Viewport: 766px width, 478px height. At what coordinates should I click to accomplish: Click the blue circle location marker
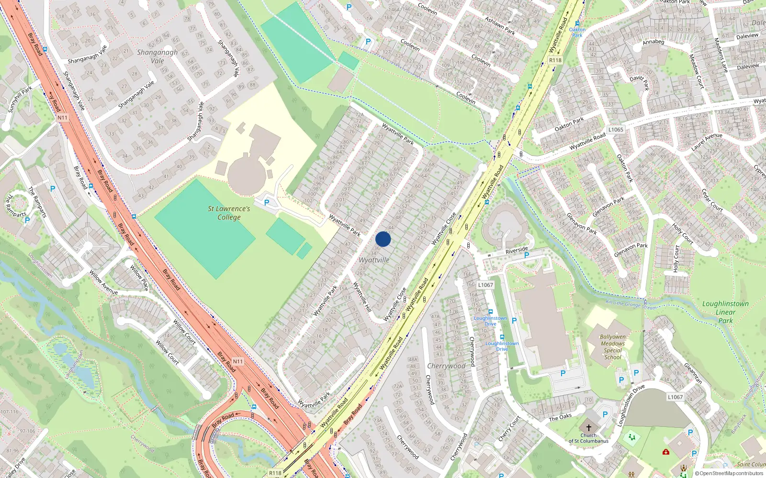click(x=383, y=239)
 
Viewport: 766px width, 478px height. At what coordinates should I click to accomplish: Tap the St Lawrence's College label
click(x=229, y=213)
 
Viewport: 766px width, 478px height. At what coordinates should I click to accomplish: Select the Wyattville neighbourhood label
click(x=374, y=260)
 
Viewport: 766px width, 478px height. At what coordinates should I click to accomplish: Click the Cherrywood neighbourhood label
click(x=446, y=366)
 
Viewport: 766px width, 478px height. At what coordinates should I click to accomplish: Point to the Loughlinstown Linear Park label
click(x=725, y=312)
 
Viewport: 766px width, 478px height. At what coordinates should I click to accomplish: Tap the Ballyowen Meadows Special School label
click(x=613, y=347)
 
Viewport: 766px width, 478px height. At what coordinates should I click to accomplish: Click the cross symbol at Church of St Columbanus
click(x=589, y=428)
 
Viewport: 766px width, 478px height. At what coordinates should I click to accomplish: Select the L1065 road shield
click(x=616, y=130)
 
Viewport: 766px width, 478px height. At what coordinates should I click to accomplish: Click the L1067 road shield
click(x=675, y=397)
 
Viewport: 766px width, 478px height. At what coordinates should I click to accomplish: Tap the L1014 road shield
click(x=485, y=285)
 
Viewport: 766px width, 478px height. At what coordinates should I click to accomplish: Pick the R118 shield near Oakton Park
click(x=555, y=60)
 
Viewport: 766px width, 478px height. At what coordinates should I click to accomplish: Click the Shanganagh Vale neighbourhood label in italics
click(x=157, y=56)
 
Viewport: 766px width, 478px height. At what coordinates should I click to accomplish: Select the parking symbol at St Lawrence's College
click(x=267, y=203)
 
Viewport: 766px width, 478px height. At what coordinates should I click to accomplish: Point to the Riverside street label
click(x=517, y=250)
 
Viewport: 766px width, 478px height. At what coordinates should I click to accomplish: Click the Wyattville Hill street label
click(x=362, y=297)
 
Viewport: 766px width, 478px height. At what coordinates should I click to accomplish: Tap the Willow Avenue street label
click(x=103, y=282)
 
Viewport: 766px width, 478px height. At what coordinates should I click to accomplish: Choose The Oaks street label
click(x=560, y=417)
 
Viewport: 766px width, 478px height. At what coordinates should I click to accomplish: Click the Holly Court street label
click(x=676, y=258)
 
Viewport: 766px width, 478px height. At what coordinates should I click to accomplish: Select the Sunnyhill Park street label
click(x=20, y=99)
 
